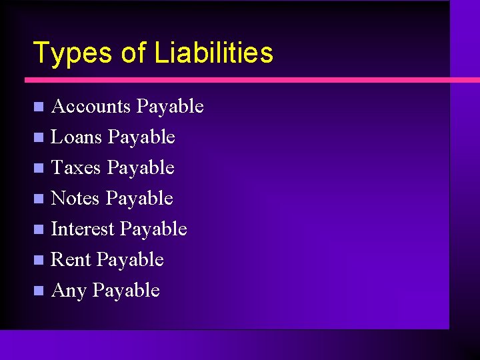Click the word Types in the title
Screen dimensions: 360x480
72,53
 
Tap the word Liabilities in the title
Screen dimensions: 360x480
213,53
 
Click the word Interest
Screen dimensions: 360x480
83,229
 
